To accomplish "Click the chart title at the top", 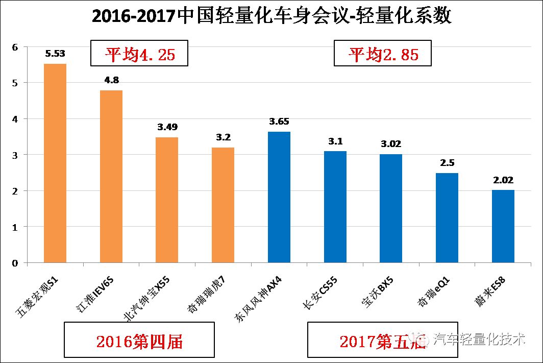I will coord(271,16).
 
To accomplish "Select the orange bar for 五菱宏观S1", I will coord(55,163).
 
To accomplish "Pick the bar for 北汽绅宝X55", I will coord(167,200).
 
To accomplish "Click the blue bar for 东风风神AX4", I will coord(279,197).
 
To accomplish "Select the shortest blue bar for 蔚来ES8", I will coord(503,226).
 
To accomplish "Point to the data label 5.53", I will coord(55,53).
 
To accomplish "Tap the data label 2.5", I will coord(447,162).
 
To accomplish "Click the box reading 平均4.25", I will coord(139,54).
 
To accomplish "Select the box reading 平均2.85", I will coord(383,54).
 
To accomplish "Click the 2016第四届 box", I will coord(139,340).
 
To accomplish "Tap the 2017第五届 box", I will coord(382,340).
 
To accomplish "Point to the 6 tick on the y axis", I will coord(15,47).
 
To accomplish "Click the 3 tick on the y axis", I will coord(15,155).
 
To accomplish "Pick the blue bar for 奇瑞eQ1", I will coord(447,218).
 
